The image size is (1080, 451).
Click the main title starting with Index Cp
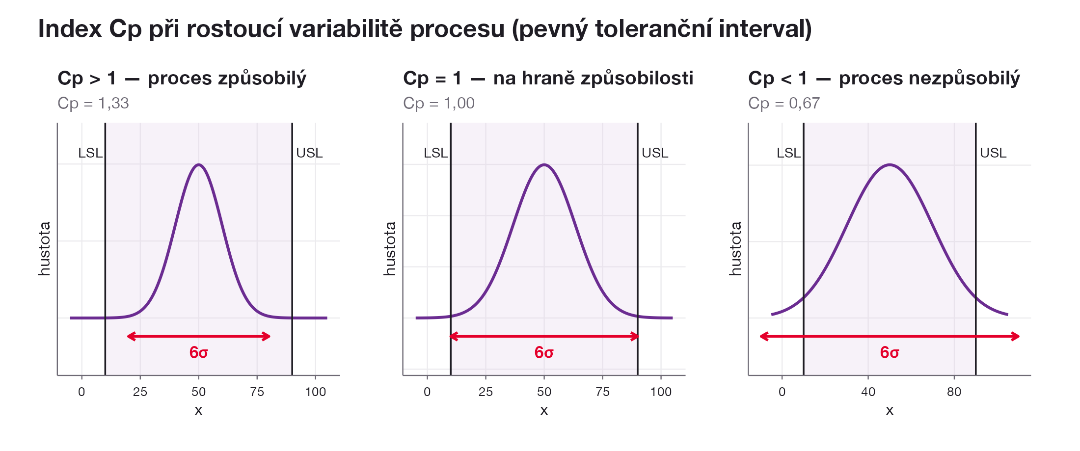425,29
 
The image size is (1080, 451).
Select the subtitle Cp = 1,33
93,103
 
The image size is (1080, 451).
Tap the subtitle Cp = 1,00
439,103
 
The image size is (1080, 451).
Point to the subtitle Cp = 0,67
784,103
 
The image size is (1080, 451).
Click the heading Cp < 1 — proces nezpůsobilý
884,79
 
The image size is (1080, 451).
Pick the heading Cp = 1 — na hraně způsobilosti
548,79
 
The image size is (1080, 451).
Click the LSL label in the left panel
90,153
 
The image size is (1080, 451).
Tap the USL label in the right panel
993,153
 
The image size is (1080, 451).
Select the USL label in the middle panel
655,153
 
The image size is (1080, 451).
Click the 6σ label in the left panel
199,352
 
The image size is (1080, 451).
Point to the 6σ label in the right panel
890,352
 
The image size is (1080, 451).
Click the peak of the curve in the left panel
199,164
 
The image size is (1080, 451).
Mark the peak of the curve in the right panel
890,164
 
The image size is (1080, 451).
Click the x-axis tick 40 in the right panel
868,392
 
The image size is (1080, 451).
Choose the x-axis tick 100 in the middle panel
661,392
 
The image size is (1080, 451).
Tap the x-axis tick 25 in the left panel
140,392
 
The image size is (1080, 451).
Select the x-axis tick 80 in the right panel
954,392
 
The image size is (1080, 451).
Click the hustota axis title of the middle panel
389,248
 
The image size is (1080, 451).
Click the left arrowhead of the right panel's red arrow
763,336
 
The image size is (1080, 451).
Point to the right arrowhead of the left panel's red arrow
267,336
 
